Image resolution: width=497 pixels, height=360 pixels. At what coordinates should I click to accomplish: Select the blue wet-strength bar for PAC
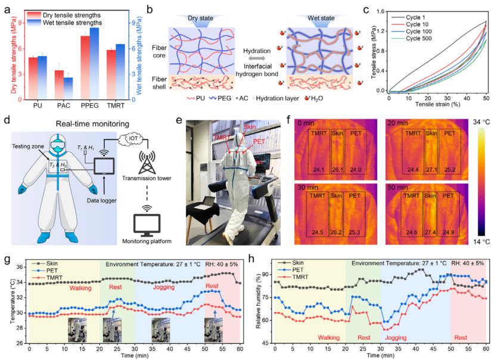pos(68,88)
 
